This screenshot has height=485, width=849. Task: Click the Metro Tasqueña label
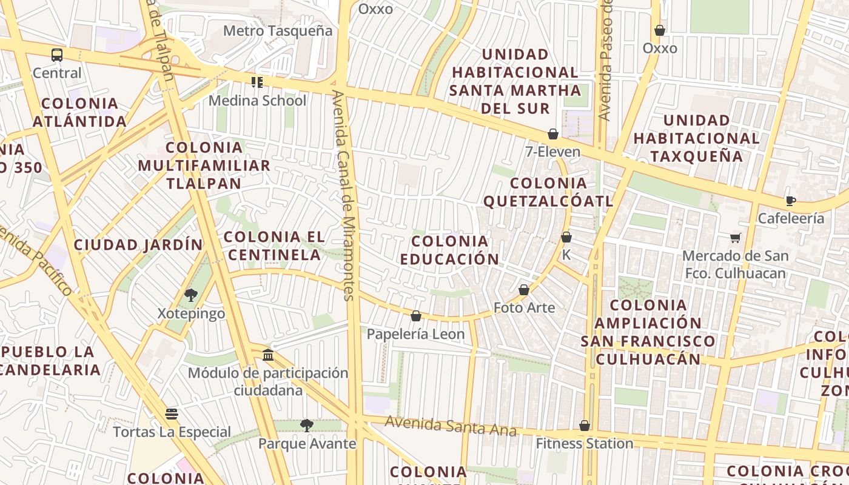(x=278, y=30)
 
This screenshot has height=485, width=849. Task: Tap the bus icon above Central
(x=57, y=55)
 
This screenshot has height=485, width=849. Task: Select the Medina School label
(x=257, y=100)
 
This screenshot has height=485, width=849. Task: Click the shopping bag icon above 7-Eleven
(x=553, y=134)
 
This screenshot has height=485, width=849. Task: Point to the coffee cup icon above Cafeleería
(x=790, y=201)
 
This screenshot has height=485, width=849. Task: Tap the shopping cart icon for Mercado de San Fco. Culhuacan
(x=736, y=238)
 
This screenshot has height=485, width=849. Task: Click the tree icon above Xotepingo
(x=191, y=295)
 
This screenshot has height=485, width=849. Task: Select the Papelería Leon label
(x=415, y=334)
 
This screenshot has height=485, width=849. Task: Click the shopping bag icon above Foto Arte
(x=524, y=290)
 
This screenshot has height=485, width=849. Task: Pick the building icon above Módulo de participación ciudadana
(x=267, y=355)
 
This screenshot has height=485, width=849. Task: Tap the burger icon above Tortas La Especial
(x=172, y=414)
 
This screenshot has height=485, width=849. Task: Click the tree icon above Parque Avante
(x=307, y=426)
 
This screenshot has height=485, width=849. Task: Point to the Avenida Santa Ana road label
(x=451, y=426)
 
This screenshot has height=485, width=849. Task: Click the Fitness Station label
(x=584, y=444)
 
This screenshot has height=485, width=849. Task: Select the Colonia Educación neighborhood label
(x=449, y=250)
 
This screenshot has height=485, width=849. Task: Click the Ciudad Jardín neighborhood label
(x=138, y=245)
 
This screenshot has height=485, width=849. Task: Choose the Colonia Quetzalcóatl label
(x=548, y=192)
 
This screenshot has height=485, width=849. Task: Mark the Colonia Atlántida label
(x=79, y=112)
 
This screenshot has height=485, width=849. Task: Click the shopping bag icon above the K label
(x=566, y=237)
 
